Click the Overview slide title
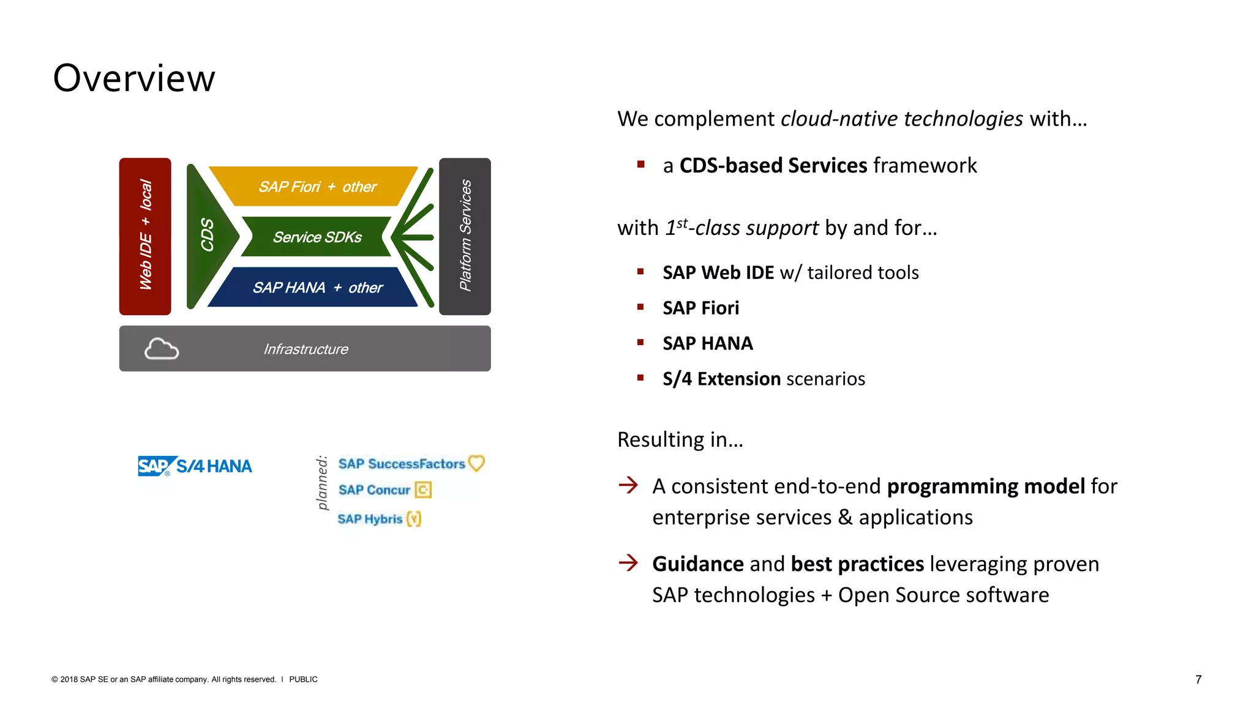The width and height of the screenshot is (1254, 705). coord(134,78)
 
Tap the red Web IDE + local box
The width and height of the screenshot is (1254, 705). coord(145,236)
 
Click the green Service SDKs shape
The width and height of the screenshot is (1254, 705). coord(317,237)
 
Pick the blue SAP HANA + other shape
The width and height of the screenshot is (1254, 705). coord(317,288)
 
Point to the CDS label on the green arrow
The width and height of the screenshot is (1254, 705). coord(208,235)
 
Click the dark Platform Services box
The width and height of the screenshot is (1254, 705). coord(465,236)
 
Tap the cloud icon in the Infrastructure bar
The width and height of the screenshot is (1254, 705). coord(161,349)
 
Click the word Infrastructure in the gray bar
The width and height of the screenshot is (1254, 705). coord(306,349)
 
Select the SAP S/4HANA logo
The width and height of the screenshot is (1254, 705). coord(195,466)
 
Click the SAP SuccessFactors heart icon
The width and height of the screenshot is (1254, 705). coord(476,463)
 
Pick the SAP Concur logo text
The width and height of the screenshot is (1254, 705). coord(374,490)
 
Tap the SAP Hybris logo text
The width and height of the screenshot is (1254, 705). coord(370,519)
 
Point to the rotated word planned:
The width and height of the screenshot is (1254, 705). coord(322,483)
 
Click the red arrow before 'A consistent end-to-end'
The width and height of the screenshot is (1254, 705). coord(628,486)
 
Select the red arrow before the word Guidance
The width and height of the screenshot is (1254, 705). coord(628,563)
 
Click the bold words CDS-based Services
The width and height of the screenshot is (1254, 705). coord(773,166)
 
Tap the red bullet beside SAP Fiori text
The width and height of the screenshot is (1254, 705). coord(640,307)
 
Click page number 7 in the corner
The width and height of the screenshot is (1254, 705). coord(1198,679)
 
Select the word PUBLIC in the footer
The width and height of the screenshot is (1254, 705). coord(303,679)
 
